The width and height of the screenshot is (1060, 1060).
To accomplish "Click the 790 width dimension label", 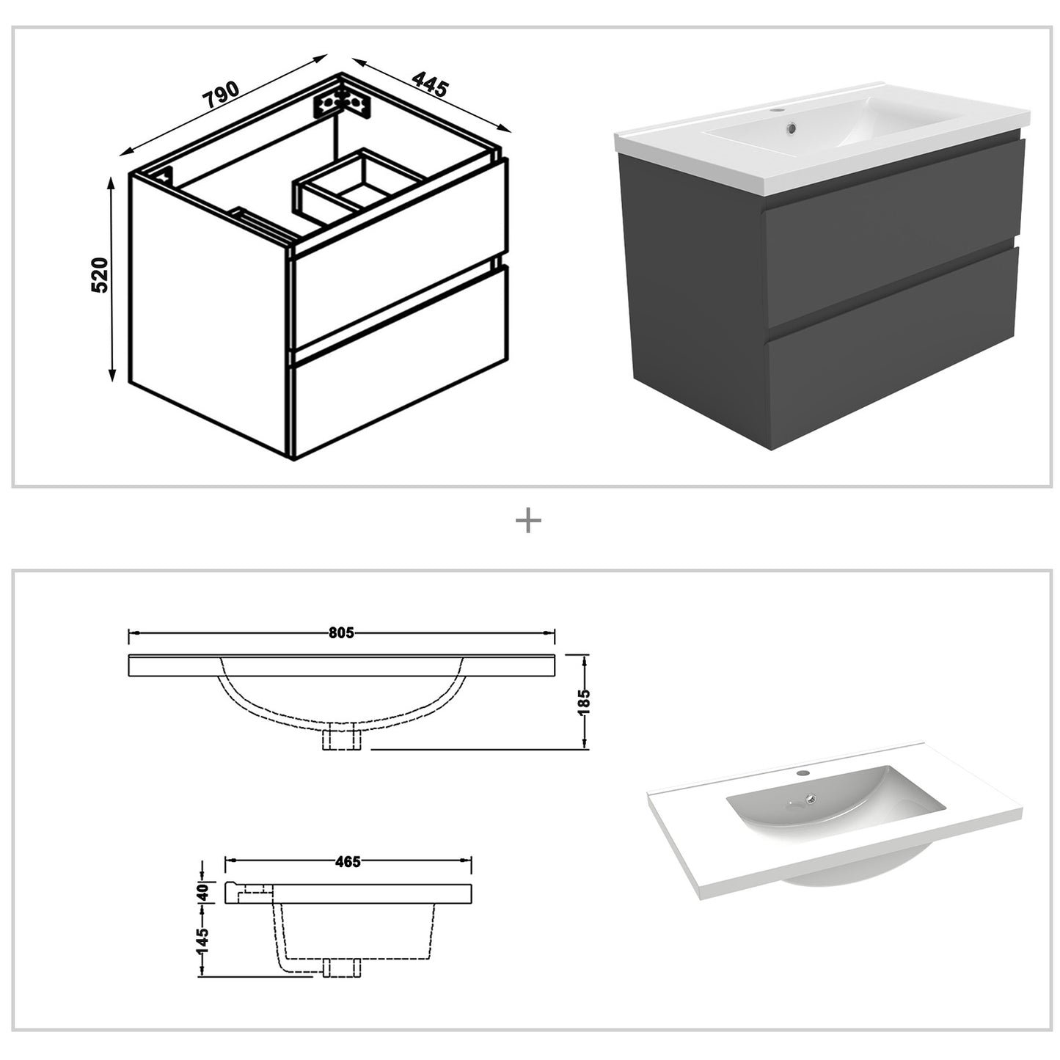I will point(221,95).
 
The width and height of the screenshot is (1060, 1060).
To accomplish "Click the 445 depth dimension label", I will point(429,84).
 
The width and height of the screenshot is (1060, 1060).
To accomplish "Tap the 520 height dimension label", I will point(100,275).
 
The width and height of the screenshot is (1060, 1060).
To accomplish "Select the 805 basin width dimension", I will point(341,632).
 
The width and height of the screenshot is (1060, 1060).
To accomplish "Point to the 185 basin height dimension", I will point(584,702).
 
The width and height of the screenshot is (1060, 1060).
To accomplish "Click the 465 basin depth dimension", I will point(347,861).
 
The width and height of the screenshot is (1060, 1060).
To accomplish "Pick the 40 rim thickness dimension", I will point(203,892).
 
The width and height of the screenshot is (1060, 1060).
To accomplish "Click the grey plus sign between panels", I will point(528,522).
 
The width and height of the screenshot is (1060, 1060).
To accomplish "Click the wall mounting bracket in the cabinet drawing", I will point(342,102).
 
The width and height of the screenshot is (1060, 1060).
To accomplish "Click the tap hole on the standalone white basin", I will point(802,773).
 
